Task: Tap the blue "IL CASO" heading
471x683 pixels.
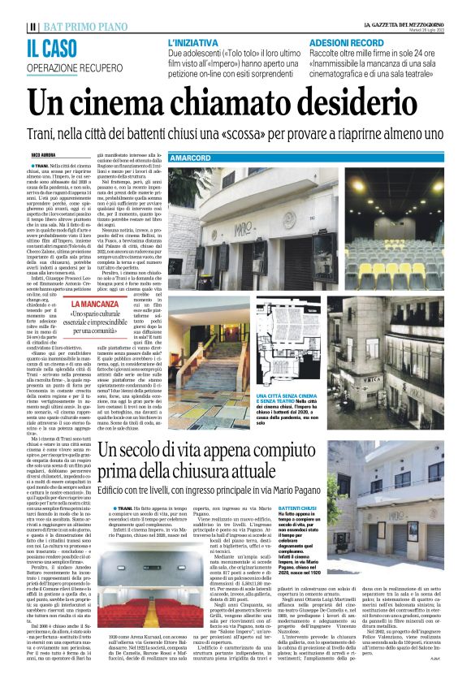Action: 54,47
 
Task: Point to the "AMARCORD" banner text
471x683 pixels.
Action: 192,156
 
